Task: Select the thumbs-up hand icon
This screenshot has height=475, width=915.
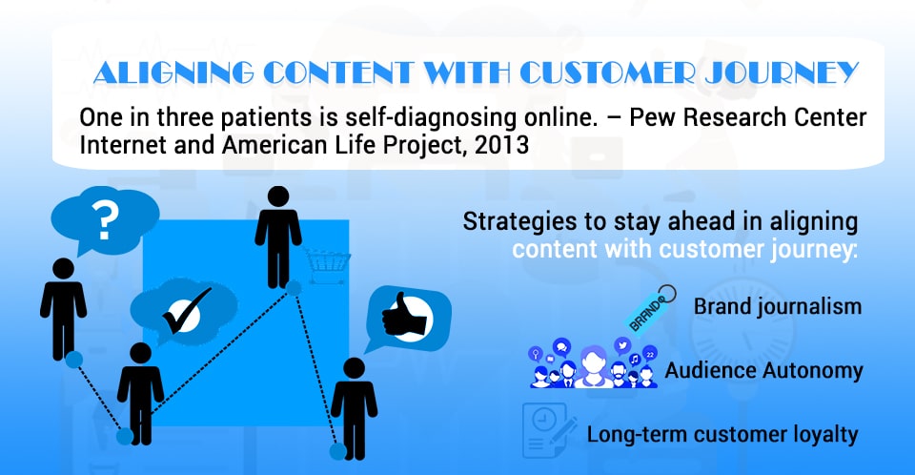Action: (400, 314)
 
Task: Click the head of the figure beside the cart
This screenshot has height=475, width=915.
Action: (277, 196)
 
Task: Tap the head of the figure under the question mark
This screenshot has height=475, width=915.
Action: (62, 269)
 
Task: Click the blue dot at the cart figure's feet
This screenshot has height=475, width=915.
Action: (294, 288)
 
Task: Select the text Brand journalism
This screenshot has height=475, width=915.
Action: (777, 307)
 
